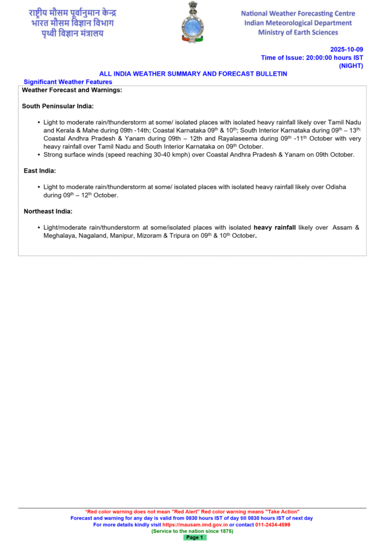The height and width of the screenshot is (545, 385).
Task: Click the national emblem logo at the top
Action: (x=192, y=22)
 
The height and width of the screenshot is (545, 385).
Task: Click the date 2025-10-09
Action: (x=346, y=49)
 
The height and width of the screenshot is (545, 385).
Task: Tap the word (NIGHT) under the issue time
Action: (x=351, y=65)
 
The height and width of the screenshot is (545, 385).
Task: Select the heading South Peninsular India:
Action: (x=58, y=106)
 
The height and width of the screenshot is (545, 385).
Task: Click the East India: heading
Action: (x=40, y=171)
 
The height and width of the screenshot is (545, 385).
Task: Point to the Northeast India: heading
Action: (x=48, y=211)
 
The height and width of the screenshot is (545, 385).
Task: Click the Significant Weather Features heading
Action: (x=68, y=82)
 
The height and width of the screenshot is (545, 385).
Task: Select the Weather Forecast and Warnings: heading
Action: (x=72, y=90)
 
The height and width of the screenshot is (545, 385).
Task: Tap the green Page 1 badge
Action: (x=195, y=538)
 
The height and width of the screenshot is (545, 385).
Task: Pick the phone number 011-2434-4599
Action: (x=272, y=524)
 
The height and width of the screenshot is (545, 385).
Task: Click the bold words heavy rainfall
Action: (x=274, y=228)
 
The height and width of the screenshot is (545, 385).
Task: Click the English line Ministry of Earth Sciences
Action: (x=297, y=32)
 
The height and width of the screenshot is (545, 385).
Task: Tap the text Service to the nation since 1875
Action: (x=192, y=531)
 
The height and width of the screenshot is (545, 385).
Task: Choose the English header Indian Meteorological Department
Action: (x=297, y=23)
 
